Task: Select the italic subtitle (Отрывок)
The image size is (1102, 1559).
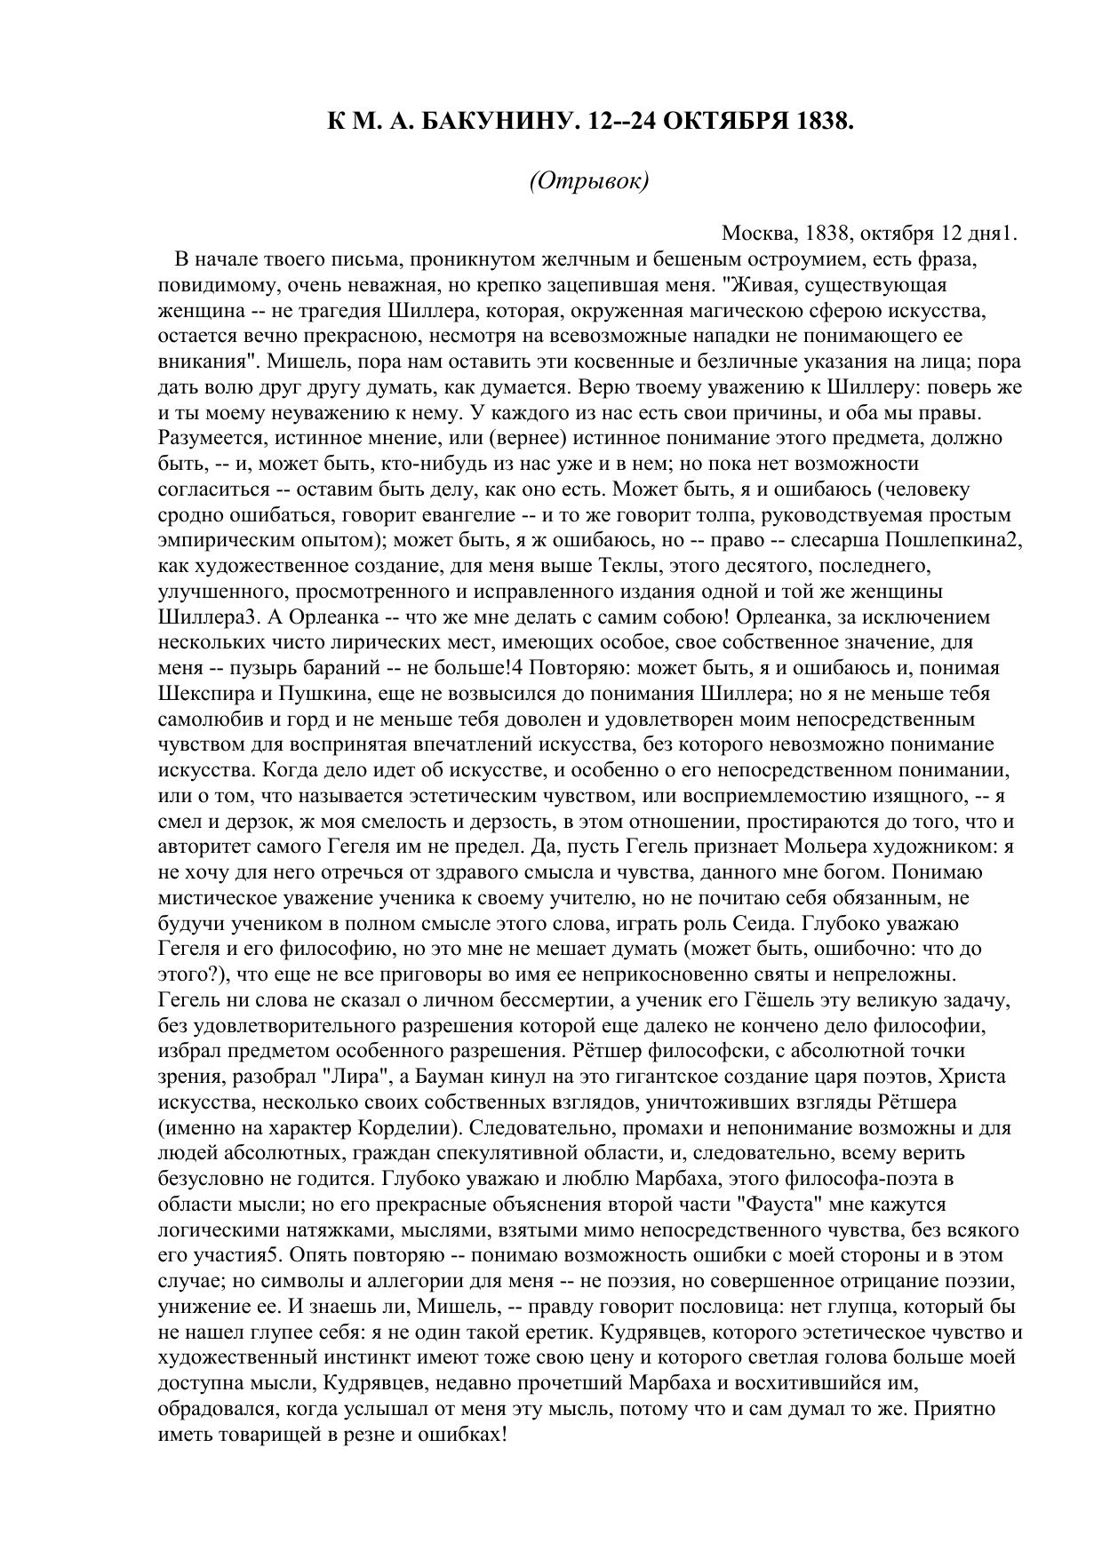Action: click(589, 180)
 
